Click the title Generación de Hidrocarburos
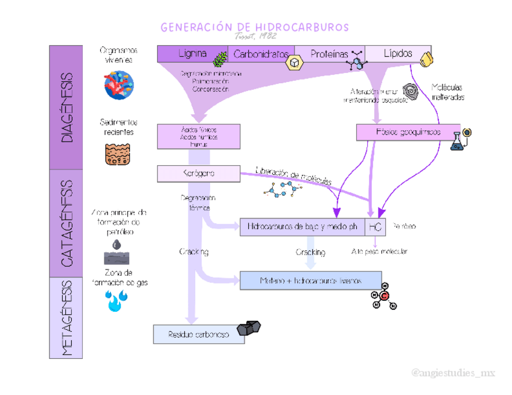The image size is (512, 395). tap(254, 27)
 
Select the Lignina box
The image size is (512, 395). tap(192, 54)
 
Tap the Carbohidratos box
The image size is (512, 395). tap(261, 54)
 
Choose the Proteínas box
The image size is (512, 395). tap(329, 54)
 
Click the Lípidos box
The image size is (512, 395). tap(398, 53)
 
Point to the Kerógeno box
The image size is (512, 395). tap(198, 174)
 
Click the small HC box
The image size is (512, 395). tap(376, 227)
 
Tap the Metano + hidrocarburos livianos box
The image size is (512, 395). tap(310, 280)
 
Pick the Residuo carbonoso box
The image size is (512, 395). tap(199, 334)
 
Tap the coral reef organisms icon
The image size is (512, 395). tap(118, 85)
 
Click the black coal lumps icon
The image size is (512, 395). tap(249, 328)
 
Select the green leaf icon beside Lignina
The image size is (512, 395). tap(222, 58)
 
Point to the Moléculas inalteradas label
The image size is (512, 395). tap(447, 92)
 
